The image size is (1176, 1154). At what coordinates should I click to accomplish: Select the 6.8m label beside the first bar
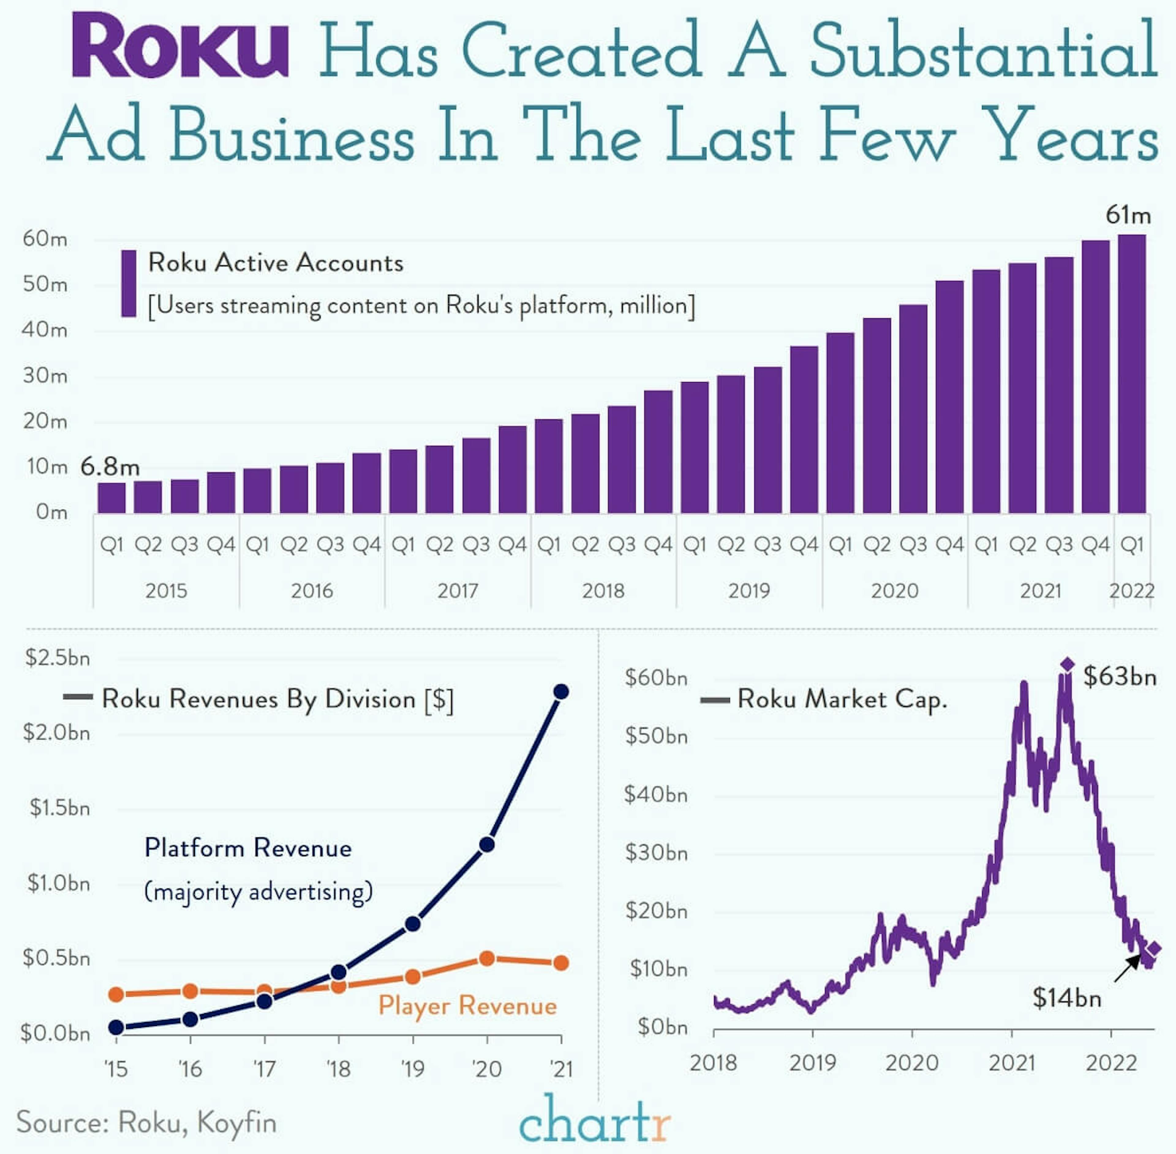(110, 467)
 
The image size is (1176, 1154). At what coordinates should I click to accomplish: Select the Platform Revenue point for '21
(561, 692)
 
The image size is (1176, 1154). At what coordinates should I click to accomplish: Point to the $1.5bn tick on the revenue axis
(59, 808)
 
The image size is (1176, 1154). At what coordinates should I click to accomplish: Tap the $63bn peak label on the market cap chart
(1120, 677)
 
